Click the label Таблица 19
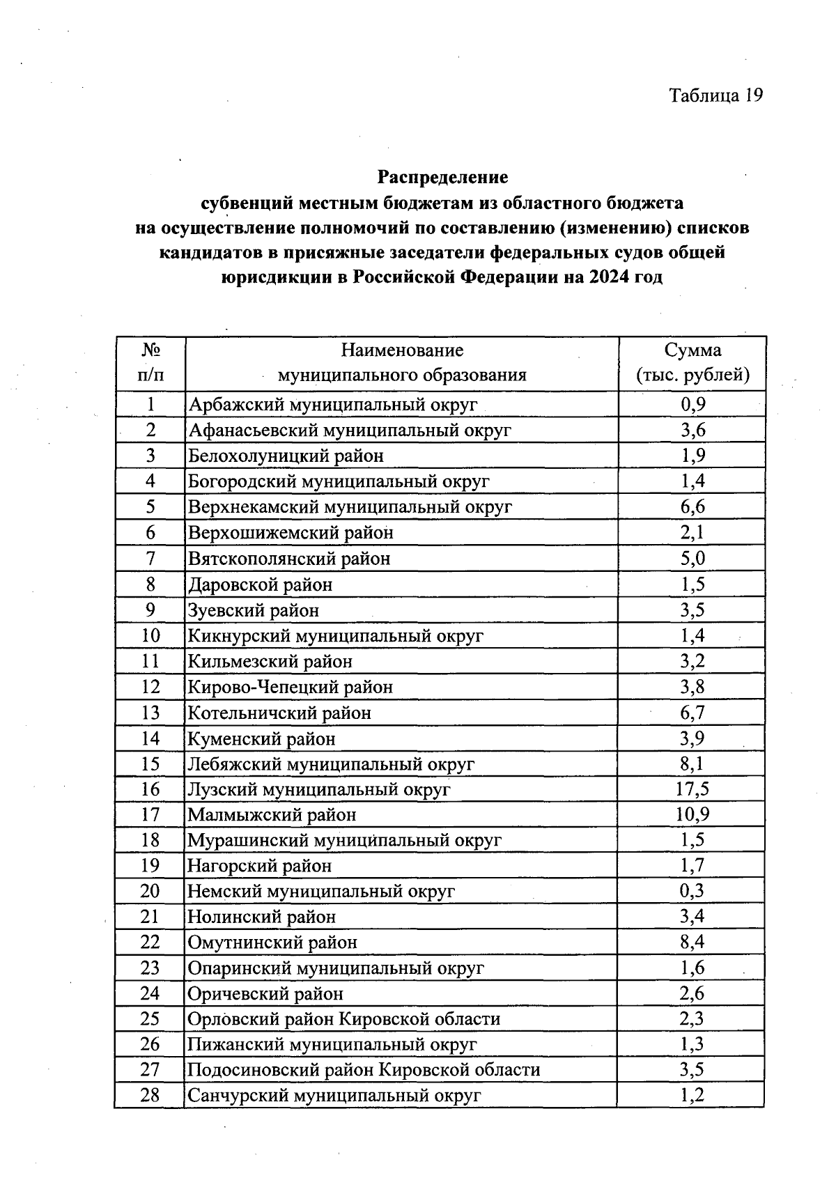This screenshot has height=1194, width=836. pos(715,95)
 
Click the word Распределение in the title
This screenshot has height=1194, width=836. pos(442,177)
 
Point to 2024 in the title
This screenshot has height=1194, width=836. pos(606,277)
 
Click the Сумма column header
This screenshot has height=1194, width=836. pos(692,362)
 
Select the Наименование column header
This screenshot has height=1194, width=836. pos(402,362)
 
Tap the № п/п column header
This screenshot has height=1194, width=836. pos(150,362)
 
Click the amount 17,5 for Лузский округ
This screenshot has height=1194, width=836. pos(692,789)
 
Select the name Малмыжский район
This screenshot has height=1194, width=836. pos(272,815)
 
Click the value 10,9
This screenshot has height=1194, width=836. pos(692,814)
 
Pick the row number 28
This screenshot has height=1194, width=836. pos(150,1095)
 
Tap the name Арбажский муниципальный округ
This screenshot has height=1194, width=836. pos(333,405)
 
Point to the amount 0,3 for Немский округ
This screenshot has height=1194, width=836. pos(692,891)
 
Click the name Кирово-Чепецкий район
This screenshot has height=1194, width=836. pos(291,688)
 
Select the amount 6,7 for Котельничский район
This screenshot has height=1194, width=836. pos(692,713)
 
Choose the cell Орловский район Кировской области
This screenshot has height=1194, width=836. pos(344,1019)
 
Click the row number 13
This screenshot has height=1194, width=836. pos(150,713)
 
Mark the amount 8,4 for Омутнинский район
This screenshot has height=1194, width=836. pos(692,943)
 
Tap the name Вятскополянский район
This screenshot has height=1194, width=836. pos(289,559)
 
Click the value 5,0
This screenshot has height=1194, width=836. pos(692,559)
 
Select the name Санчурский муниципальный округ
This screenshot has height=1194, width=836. pos(334,1096)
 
